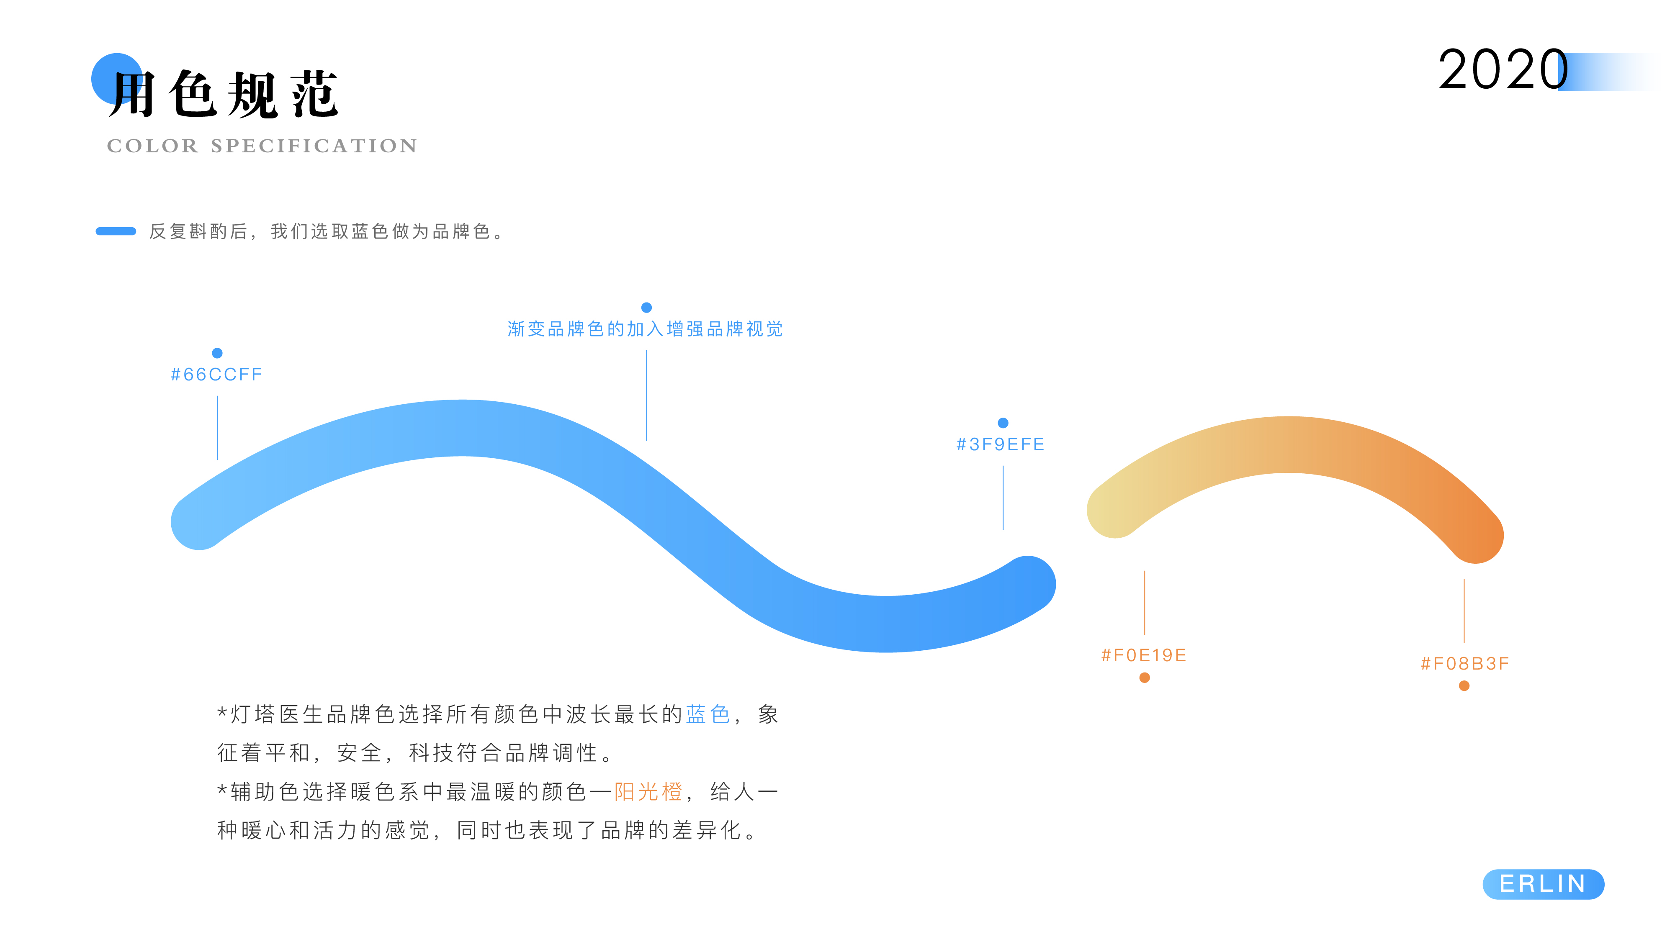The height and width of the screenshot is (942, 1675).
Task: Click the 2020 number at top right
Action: (1503, 70)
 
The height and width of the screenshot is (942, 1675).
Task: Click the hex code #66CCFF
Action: (216, 375)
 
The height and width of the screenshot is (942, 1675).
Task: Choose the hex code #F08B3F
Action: (1464, 663)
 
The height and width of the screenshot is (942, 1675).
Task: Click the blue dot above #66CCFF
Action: (217, 353)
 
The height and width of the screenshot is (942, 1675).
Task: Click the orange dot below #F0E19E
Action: (1145, 678)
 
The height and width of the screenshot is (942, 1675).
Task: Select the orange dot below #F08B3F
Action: (1464, 686)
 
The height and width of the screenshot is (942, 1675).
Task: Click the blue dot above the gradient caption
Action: (646, 308)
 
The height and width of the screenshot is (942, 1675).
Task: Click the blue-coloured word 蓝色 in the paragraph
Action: (708, 714)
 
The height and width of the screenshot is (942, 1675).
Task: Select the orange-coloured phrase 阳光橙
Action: (648, 791)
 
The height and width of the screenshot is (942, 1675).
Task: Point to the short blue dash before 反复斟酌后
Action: (116, 231)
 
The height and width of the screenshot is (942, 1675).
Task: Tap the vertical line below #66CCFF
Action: (217, 427)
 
